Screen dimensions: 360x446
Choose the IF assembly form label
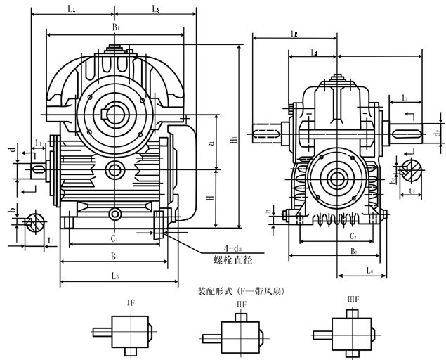tap(131, 303)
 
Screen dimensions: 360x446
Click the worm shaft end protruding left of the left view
tap(39, 169)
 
